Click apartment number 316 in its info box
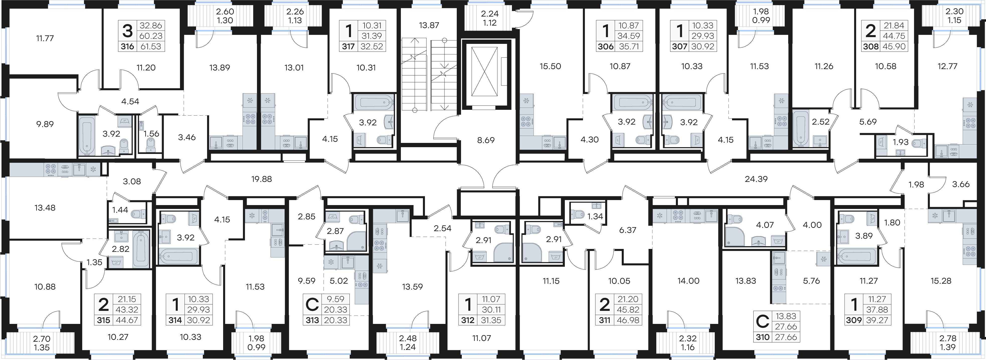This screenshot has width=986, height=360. click(x=127, y=47)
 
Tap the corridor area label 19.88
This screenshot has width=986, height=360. click(x=261, y=179)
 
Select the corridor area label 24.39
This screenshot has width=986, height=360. click(x=756, y=179)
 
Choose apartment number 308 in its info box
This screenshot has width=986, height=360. click(x=870, y=47)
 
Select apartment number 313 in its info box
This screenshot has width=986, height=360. click(x=312, y=320)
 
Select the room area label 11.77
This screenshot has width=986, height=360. click(x=45, y=38)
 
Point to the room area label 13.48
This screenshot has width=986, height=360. click(x=45, y=208)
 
